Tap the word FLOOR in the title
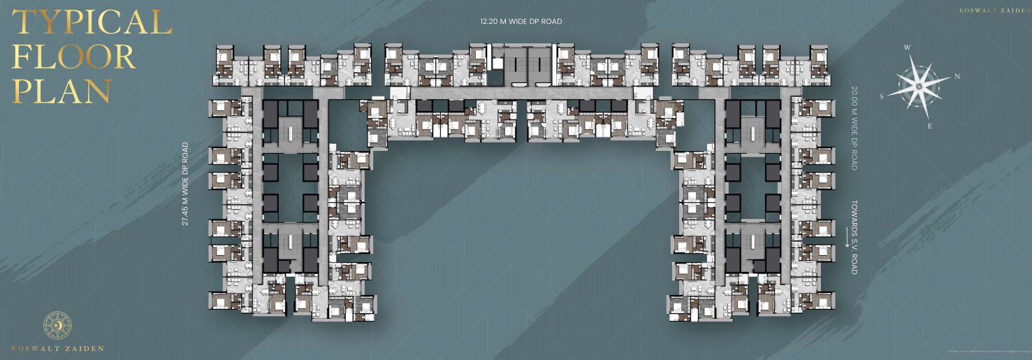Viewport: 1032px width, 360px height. [x=73, y=57]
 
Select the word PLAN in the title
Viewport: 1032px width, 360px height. [x=61, y=91]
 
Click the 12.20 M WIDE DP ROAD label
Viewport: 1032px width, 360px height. [x=521, y=22]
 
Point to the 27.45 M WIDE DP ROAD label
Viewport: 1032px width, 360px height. [x=185, y=184]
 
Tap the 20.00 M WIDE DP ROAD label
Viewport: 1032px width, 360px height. [x=853, y=129]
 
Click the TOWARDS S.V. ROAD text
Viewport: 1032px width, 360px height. [x=853, y=238]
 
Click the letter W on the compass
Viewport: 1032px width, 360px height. [x=907, y=48]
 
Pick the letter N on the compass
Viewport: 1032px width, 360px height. [x=957, y=76]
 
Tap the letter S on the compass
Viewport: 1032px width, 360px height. [x=882, y=97]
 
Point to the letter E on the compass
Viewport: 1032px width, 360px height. [x=929, y=126]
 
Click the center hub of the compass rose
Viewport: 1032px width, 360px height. [x=919, y=86]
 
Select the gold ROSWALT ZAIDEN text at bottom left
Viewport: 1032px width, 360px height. [x=57, y=348]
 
